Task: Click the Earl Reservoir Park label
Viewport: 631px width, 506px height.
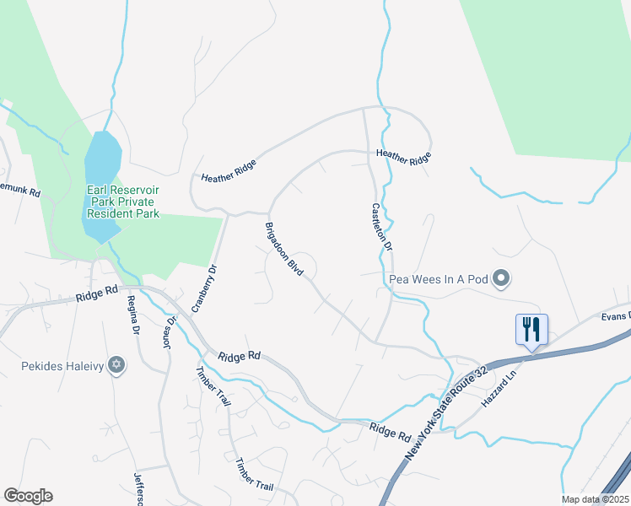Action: pyautogui.click(x=123, y=202)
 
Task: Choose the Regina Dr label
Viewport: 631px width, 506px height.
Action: pyautogui.click(x=132, y=316)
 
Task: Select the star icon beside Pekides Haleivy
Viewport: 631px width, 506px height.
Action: pyautogui.click(x=117, y=365)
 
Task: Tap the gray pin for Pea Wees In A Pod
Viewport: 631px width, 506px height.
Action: pyautogui.click(x=501, y=277)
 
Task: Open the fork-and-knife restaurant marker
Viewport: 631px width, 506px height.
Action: pyautogui.click(x=531, y=329)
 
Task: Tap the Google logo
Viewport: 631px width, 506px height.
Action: pyautogui.click(x=28, y=495)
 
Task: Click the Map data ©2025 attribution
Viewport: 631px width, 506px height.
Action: pyautogui.click(x=595, y=499)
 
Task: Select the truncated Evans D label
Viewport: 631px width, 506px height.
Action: pyautogui.click(x=615, y=315)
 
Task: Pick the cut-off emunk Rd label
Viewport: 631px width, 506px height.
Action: pyautogui.click(x=20, y=192)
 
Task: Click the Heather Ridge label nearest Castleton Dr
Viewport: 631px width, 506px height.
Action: pyautogui.click(x=404, y=155)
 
